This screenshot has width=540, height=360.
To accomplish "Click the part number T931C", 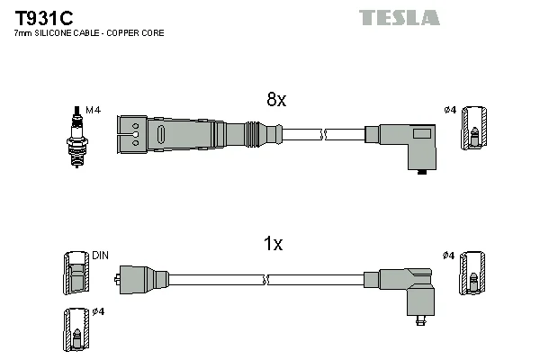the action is (44, 18).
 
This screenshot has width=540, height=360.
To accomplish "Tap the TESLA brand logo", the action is (399, 18).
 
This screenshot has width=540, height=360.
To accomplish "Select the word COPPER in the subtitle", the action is (121, 33).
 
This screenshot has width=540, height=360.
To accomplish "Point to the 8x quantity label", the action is (276, 99).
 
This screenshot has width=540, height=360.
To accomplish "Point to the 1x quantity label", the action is (273, 244).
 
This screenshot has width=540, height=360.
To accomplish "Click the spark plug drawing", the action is (76, 137).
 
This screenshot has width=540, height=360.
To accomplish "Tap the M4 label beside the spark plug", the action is (93, 110).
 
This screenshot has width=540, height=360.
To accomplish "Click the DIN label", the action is (100, 256).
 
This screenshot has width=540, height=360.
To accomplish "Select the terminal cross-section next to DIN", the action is (76, 273).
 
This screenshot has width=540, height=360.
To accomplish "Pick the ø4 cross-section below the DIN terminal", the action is (76, 329).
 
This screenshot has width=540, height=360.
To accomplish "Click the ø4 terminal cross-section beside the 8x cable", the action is (474, 128).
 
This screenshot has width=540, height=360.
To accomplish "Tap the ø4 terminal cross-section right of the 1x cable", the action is (472, 273).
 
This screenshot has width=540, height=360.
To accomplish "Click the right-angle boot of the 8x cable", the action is (407, 147).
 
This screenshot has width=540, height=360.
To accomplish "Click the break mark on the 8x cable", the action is (323, 134).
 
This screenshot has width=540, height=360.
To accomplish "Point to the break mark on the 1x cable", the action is (265, 280).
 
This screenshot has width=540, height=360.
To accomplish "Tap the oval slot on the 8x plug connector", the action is (160, 134).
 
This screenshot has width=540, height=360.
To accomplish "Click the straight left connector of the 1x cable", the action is (141, 280).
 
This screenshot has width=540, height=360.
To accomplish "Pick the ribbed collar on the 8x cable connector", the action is (252, 134).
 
